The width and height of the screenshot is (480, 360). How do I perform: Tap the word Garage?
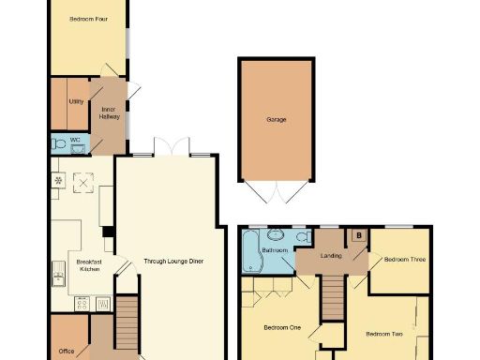tap(276, 120)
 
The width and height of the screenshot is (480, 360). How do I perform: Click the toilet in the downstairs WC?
tap(62, 144)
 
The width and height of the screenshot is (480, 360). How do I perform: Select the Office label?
tap(65, 352)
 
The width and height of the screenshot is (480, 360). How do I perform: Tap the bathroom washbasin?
tap(277, 232)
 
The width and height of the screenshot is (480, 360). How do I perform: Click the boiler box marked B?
tap(358, 235)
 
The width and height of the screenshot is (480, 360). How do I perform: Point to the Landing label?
tap(330, 255)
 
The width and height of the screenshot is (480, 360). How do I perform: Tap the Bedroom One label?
tap(281, 327)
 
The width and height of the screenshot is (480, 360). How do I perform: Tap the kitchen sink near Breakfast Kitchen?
tap(59, 276)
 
